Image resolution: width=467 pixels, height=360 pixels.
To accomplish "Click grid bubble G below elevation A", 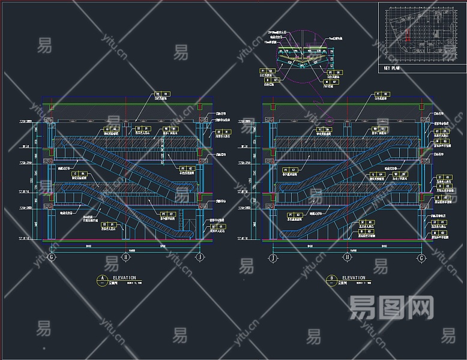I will [52, 257].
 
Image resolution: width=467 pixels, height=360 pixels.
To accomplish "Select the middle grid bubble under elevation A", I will [126, 257].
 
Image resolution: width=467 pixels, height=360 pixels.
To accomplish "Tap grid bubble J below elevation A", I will [200, 257].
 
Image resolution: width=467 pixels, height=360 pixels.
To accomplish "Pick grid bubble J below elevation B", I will [273, 257].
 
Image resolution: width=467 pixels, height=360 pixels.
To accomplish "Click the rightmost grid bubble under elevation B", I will [421, 257].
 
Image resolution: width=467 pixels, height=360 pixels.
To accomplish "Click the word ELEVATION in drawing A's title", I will [124, 278].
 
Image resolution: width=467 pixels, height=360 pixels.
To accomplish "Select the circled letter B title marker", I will [332, 278].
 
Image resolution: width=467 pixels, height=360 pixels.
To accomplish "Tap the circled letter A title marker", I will [103, 278].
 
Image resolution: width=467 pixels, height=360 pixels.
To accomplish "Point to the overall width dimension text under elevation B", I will [347, 250].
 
